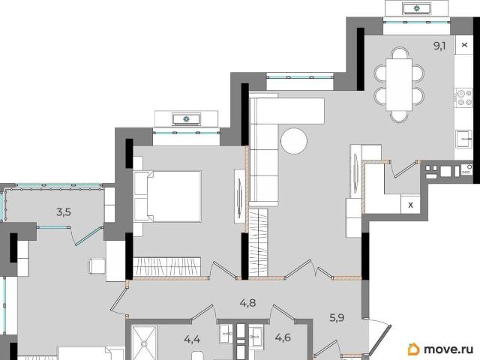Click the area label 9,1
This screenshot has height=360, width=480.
[439, 46]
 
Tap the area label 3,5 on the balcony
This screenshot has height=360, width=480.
[64, 211]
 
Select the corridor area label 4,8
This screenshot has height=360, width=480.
[247, 303]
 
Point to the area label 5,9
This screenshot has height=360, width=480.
[337, 318]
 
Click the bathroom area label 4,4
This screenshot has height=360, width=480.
[192, 339]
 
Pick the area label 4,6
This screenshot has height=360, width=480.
[283, 338]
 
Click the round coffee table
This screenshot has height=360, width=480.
[294, 141]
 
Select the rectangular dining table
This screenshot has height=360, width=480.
[399, 85]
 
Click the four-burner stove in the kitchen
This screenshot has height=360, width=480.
[465, 97]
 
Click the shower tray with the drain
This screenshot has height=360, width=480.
[144, 343]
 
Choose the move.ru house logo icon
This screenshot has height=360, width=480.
[413, 349]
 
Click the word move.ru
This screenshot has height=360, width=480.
[448, 349]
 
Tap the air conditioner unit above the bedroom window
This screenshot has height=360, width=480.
[187, 119]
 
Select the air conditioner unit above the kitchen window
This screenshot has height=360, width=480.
[417, 8]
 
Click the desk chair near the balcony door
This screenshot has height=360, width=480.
[97, 267]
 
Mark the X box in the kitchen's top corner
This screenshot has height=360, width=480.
[464, 45]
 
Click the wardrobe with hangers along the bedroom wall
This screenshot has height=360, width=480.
[167, 266]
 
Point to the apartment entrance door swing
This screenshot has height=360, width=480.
[380, 337]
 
